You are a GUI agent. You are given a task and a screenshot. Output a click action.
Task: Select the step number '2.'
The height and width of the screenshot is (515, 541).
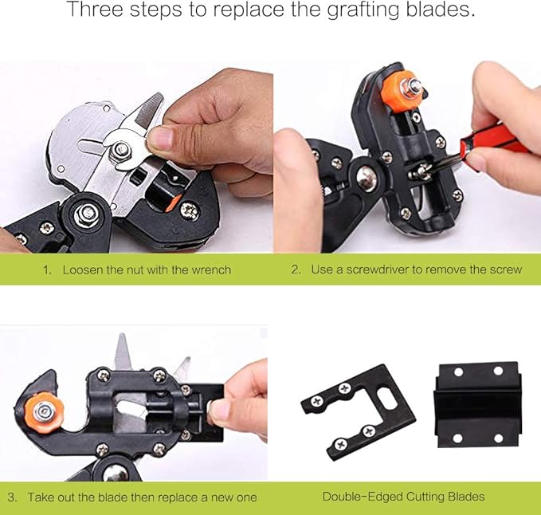click(x=296, y=269)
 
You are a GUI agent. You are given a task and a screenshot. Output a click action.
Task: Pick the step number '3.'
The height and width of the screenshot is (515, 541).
click(x=13, y=497)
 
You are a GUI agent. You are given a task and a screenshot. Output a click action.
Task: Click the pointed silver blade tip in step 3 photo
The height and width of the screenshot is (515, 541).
click(x=122, y=348)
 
